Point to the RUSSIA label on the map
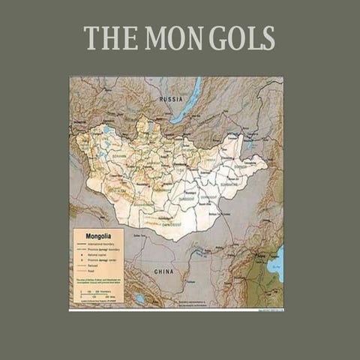pyautogui.click(x=170, y=97)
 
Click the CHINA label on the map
pyautogui.click(x=163, y=271)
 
